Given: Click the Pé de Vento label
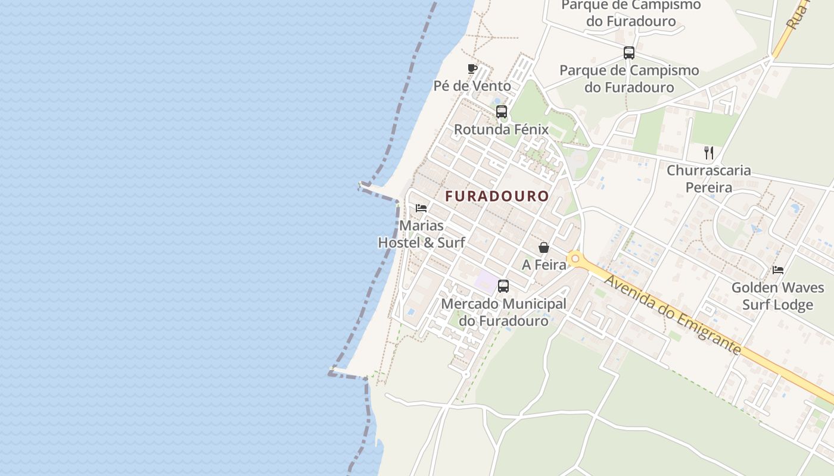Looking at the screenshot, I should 472,86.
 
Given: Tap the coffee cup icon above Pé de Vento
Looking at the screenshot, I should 472,68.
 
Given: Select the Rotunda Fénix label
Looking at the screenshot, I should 501,130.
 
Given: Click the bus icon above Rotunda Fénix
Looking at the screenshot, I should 502,112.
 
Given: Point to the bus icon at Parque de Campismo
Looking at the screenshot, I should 629,53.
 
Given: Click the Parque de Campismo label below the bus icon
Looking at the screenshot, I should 629,79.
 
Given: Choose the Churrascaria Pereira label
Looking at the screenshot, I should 709,179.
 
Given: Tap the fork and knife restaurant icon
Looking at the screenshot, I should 709,153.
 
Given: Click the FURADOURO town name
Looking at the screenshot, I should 497,196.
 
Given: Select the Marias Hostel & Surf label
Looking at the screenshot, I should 422,234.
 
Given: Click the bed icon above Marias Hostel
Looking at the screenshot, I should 421,208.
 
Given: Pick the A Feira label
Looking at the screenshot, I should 544,265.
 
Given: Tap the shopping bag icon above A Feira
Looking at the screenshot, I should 544,248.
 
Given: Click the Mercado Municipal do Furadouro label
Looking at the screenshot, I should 503,312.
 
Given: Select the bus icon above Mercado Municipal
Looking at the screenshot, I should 503,286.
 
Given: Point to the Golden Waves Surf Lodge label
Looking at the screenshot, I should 778,296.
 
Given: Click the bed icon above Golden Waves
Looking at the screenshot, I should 778,270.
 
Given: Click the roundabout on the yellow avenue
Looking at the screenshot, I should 575,259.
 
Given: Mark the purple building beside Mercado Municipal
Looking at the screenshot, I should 486,281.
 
